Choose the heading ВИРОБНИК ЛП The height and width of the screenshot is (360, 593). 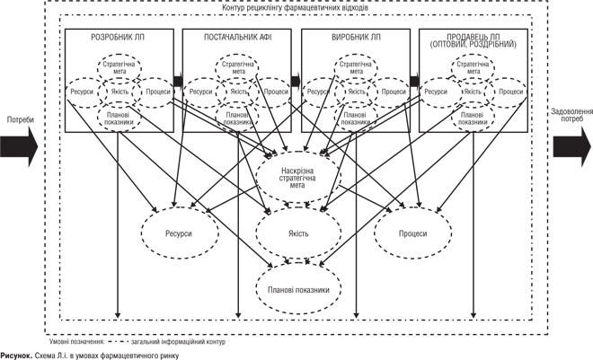pos(357,38)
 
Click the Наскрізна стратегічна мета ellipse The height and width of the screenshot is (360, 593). pos(298,172)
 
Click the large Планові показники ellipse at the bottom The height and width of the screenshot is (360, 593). pos(298,290)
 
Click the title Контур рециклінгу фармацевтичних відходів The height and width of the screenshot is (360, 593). pos(297,8)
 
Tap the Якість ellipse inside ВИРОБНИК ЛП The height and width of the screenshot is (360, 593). pos(356,92)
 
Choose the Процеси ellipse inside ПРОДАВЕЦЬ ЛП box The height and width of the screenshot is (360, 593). pos(511,92)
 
